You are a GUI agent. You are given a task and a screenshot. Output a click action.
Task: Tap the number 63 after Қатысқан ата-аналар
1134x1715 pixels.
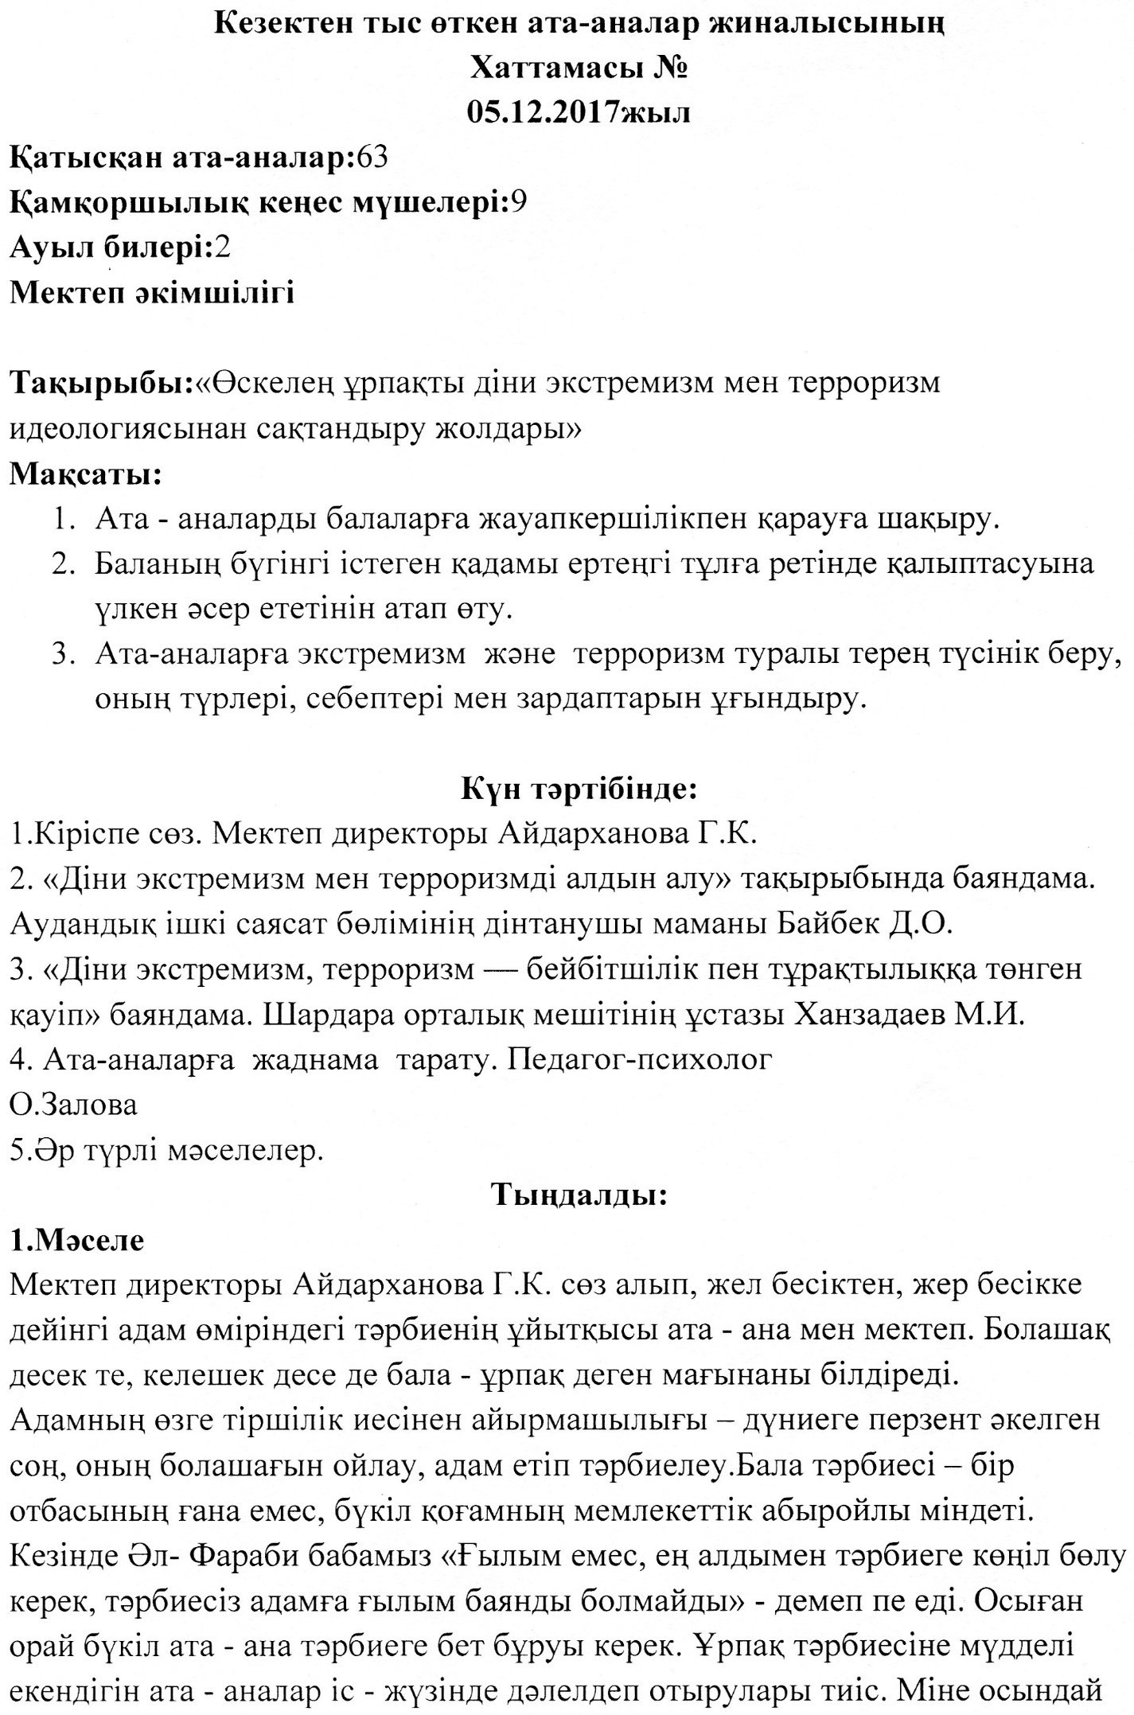click(x=372, y=158)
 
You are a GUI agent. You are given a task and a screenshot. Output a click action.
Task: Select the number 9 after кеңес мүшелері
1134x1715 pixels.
click(x=518, y=203)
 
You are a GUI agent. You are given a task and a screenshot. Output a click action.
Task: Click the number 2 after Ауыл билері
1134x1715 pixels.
click(x=222, y=248)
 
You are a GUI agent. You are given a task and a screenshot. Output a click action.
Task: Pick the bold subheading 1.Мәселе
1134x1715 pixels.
click(x=77, y=1240)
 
